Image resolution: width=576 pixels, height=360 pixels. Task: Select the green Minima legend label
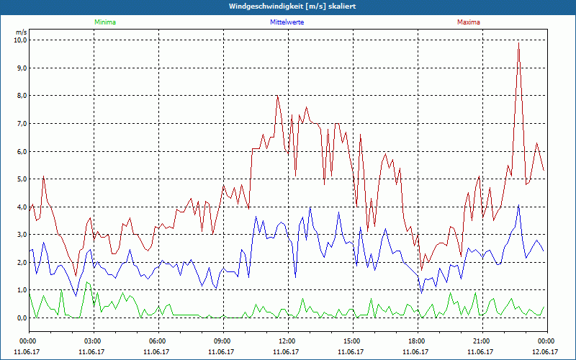(104, 22)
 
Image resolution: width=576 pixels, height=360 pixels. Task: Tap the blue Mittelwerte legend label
(287, 22)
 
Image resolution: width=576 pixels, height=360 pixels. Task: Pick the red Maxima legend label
(469, 22)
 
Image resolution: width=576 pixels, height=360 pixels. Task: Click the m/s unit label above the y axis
(21, 32)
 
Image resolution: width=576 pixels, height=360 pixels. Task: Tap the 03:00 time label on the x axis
(93, 341)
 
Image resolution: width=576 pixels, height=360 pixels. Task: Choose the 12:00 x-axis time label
(287, 341)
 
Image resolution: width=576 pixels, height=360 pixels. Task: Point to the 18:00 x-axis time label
(417, 341)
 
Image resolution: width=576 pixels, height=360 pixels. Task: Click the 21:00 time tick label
(482, 341)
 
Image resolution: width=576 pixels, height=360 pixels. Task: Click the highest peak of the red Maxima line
(518, 43)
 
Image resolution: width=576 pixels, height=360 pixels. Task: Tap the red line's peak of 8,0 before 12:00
(277, 96)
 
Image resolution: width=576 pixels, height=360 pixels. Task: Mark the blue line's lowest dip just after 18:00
(421, 292)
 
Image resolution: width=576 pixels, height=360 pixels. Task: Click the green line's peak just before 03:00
(86, 282)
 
